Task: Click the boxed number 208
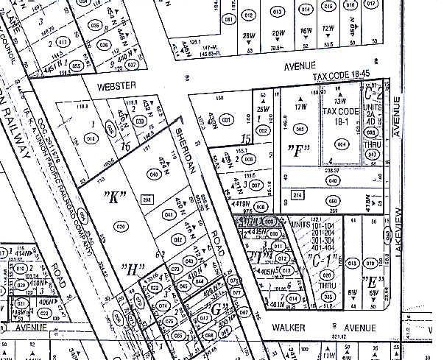[x=147, y=200]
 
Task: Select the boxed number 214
[x=297, y=194]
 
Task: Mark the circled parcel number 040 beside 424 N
[x=154, y=175]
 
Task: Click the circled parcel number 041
[x=169, y=214]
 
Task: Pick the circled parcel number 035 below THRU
[x=328, y=295]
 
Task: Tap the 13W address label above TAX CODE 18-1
[x=340, y=100]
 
